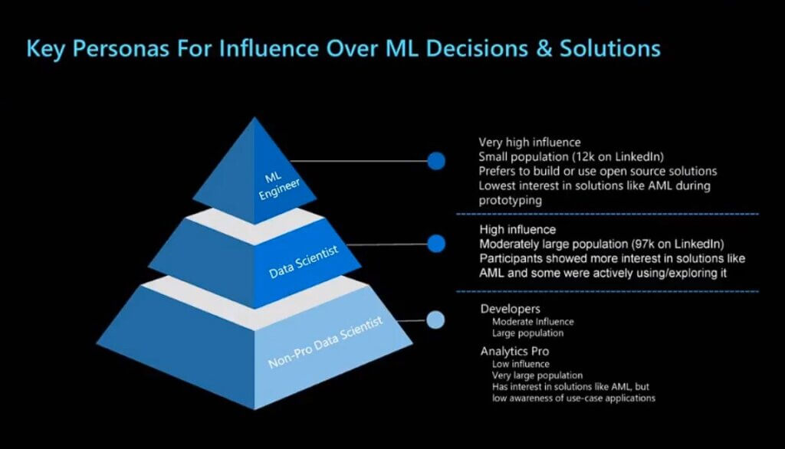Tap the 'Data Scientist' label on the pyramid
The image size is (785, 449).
pyautogui.click(x=304, y=262)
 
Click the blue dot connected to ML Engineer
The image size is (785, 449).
pyautogui.click(x=436, y=161)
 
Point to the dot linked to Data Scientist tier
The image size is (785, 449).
pyautogui.click(x=436, y=244)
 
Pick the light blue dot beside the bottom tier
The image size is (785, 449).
pyautogui.click(x=435, y=320)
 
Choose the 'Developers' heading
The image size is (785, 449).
pyautogui.click(x=510, y=309)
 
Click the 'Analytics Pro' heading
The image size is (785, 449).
pyautogui.click(x=514, y=352)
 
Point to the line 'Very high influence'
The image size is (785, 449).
pyautogui.click(x=530, y=143)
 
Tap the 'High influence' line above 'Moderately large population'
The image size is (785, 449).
pyautogui.click(x=517, y=230)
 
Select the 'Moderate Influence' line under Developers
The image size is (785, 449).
pyautogui.click(x=533, y=322)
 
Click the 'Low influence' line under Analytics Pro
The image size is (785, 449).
pyautogui.click(x=521, y=364)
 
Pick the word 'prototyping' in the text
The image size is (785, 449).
pyautogui.click(x=510, y=201)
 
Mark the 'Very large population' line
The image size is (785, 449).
pyautogui.click(x=537, y=375)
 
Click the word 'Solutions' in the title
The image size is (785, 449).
pyautogui.click(x=609, y=48)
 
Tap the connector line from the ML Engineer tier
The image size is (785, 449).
pyautogui.click(x=359, y=161)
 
